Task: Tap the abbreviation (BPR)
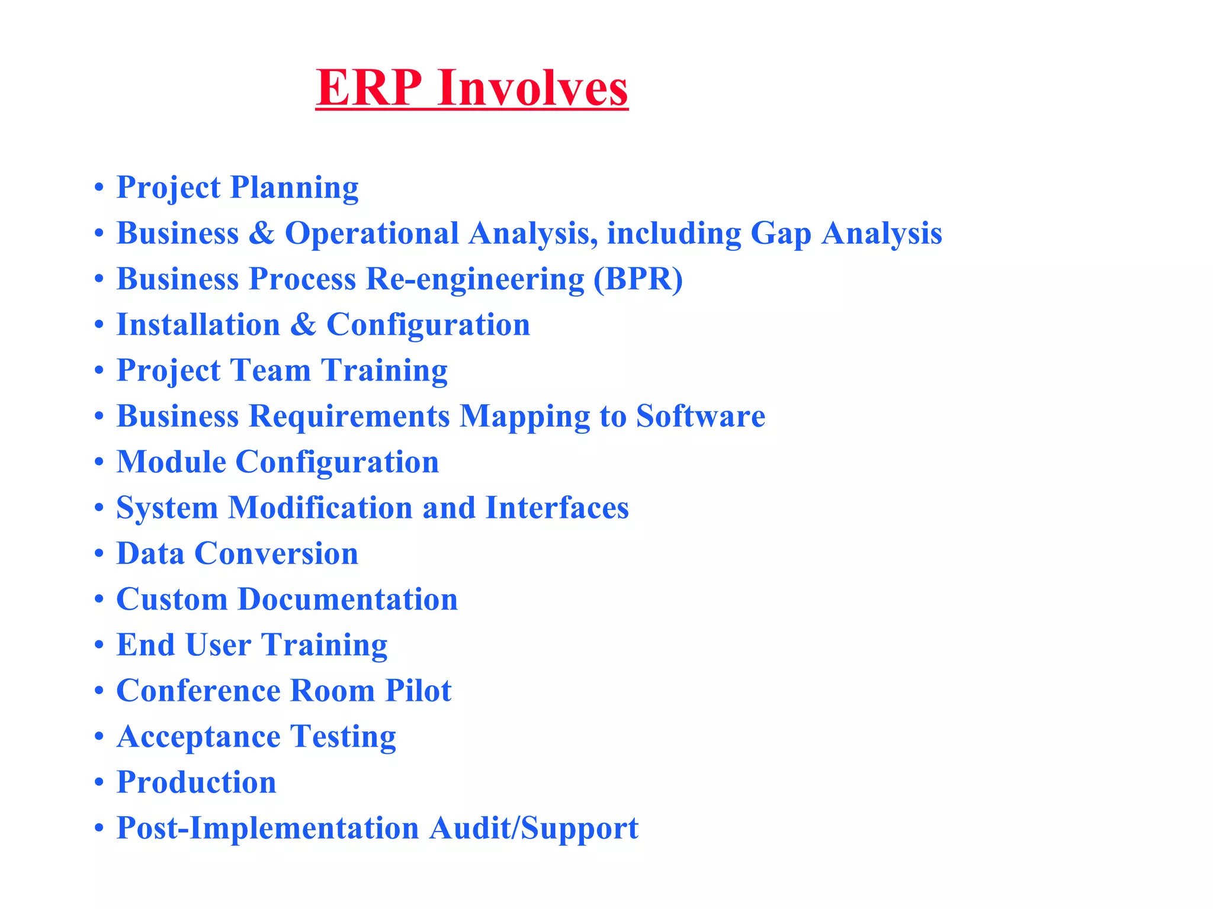click(x=638, y=279)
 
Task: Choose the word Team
click(x=271, y=370)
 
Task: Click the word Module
click(x=171, y=462)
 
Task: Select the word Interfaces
click(x=557, y=508)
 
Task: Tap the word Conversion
click(x=276, y=553)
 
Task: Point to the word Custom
click(x=172, y=599)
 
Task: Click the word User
click(x=218, y=645)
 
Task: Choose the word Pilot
click(x=418, y=691)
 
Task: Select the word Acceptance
click(x=198, y=737)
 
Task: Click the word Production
click(x=196, y=782)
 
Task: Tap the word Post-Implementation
click(x=268, y=828)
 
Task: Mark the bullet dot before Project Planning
click(x=99, y=189)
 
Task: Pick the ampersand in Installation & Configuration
click(x=303, y=324)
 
